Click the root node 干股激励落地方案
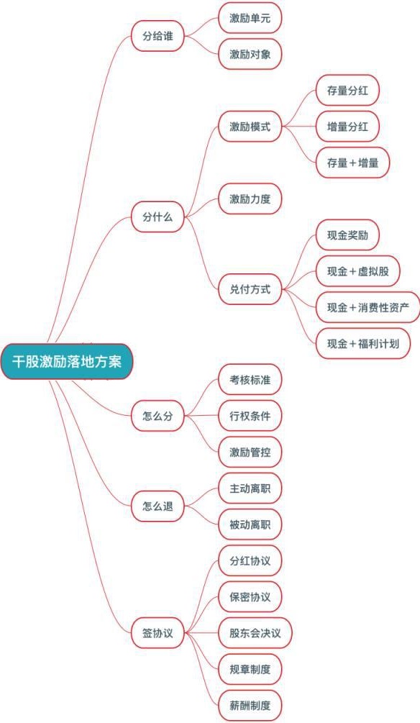point(67,361)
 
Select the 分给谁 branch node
point(157,36)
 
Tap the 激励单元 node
point(250,18)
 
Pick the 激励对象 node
point(250,55)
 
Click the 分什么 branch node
point(157,217)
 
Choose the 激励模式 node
point(250,127)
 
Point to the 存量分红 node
point(347,91)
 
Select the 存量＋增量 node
point(352,163)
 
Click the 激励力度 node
point(250,199)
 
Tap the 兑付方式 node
point(250,290)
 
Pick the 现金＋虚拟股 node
point(357,271)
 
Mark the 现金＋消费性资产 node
point(368,308)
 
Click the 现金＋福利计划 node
point(363,344)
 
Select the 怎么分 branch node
point(157,416)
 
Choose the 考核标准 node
point(250,379)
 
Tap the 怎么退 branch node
point(157,506)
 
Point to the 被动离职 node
point(250,524)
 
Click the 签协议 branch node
point(157,633)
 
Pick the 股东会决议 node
point(255,633)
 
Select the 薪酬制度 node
point(250,706)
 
